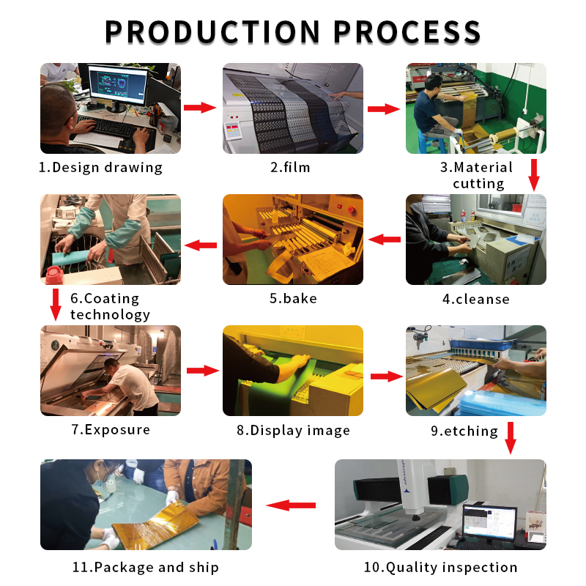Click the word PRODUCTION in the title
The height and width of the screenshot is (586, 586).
(212, 31)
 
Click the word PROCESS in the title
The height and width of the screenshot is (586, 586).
(407, 31)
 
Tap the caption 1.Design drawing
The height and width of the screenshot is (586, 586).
(101, 167)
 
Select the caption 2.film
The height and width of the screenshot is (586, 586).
(291, 167)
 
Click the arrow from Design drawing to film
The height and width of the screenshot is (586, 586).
(200, 108)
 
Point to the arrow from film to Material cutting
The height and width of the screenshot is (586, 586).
(383, 108)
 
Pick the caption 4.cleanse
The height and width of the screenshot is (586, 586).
(476, 299)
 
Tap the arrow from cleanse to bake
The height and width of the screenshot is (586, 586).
(384, 240)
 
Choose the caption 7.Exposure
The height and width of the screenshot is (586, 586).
(111, 429)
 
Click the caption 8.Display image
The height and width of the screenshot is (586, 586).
(293, 430)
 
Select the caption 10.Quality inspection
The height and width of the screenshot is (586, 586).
(441, 567)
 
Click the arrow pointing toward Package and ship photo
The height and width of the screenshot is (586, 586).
(291, 505)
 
